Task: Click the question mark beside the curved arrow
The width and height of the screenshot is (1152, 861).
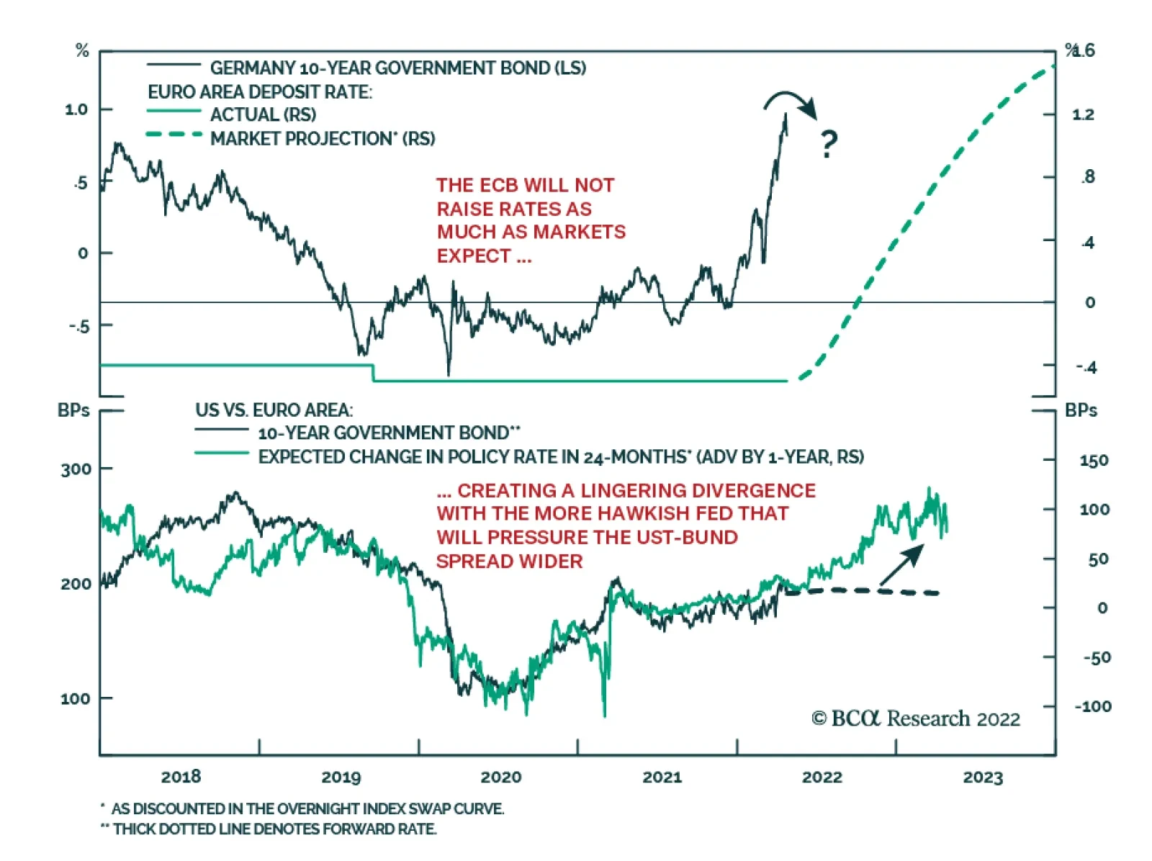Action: pos(829,144)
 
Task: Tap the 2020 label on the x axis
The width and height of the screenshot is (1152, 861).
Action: pos(501,777)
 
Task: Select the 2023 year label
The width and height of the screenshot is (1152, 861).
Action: pos(983,777)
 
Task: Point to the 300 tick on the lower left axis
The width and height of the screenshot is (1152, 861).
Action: pos(76,469)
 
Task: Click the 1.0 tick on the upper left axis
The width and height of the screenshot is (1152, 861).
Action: pos(76,109)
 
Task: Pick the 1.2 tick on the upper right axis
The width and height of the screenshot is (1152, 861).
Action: pos(1083,114)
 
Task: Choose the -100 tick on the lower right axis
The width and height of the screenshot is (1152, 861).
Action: pos(1093,706)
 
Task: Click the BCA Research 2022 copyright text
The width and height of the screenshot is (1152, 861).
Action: pos(915,718)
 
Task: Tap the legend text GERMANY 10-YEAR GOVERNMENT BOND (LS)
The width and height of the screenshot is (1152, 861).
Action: pos(397,68)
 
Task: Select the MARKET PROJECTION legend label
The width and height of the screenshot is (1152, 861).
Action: pos(323,138)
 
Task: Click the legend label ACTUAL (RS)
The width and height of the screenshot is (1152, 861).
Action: pos(263,114)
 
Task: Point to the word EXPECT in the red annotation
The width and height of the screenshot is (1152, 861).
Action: pos(474,256)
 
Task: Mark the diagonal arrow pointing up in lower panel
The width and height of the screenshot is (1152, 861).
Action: pos(901,564)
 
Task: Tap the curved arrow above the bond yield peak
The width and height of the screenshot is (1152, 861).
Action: pos(791,103)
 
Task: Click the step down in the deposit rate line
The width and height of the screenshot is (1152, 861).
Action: pos(373,373)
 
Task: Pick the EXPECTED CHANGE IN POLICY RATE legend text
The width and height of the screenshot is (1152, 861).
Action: pos(560,457)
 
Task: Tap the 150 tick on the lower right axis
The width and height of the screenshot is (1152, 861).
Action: pos(1093,461)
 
